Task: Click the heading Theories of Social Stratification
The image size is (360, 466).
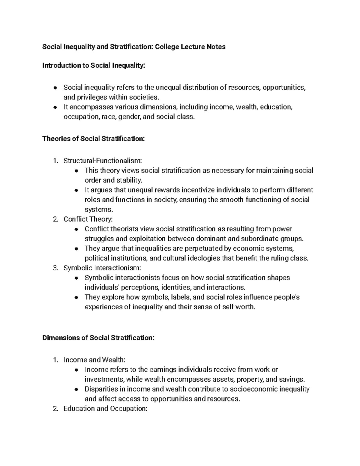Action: click(x=94, y=139)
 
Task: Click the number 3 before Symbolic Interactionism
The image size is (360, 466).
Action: click(x=55, y=268)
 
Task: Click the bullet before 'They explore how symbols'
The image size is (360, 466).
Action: click(x=77, y=298)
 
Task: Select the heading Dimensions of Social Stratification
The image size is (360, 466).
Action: click(x=98, y=338)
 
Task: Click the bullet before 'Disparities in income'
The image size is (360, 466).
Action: click(x=77, y=389)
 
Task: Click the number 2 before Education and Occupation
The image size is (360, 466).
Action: click(x=55, y=408)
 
